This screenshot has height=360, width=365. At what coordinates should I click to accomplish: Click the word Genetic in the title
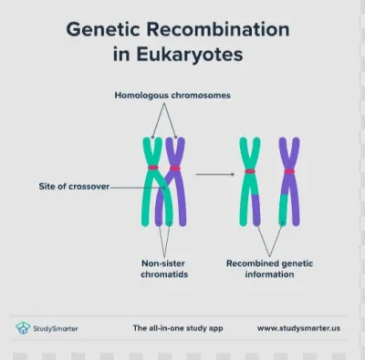(103, 29)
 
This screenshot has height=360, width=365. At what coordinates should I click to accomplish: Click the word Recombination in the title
(218, 29)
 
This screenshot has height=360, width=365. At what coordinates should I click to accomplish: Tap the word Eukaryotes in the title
(190, 55)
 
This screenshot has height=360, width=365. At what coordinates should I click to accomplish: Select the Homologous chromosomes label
(172, 96)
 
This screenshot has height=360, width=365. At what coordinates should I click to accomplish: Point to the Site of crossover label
(74, 186)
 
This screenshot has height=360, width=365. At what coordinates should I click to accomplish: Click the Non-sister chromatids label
(164, 269)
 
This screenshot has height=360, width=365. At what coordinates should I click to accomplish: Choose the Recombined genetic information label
(269, 269)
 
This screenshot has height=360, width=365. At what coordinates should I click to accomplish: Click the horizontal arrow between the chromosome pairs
(215, 174)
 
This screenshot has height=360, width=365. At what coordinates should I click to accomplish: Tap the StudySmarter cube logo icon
(23, 328)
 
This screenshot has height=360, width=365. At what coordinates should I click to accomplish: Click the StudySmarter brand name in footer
(56, 328)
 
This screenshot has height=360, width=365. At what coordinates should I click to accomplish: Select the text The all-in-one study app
(178, 328)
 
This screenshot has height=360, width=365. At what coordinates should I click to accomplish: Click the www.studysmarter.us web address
(298, 328)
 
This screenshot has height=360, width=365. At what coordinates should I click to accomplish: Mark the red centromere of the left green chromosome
(153, 168)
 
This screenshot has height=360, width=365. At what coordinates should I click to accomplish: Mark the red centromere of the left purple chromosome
(175, 168)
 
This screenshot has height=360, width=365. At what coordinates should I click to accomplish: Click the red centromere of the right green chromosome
(250, 171)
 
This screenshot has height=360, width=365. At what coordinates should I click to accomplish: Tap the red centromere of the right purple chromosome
(289, 171)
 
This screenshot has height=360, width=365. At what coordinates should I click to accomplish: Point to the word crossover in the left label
(89, 186)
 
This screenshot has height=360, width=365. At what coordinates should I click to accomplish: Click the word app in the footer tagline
(215, 329)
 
